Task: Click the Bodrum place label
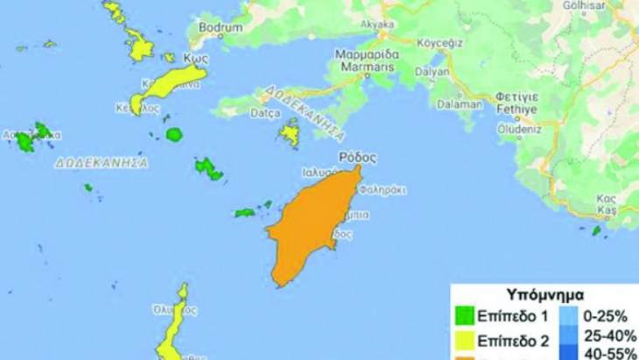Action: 221,28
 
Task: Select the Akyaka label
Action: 390,26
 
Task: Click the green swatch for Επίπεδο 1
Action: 465,315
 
